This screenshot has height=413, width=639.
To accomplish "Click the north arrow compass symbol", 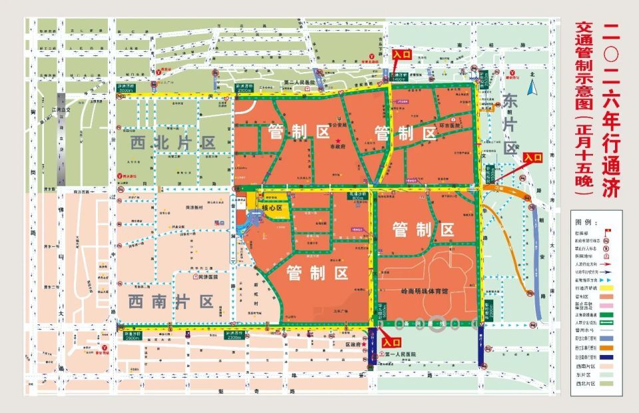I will (532, 87).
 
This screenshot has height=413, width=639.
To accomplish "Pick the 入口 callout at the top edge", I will (401, 54).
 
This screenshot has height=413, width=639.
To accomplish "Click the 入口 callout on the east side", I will (533, 157).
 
